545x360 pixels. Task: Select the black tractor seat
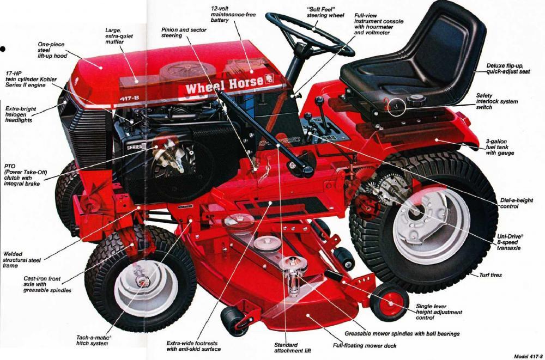420,60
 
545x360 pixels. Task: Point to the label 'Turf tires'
491,275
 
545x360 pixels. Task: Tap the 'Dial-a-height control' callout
516,204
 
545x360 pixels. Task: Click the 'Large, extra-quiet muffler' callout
119,36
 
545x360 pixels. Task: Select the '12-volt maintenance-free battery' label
234,15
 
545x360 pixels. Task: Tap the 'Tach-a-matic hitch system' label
94,341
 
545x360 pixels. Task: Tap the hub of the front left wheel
142,282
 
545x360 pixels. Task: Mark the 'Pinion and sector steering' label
184,33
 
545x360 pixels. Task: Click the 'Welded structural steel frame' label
22,259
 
